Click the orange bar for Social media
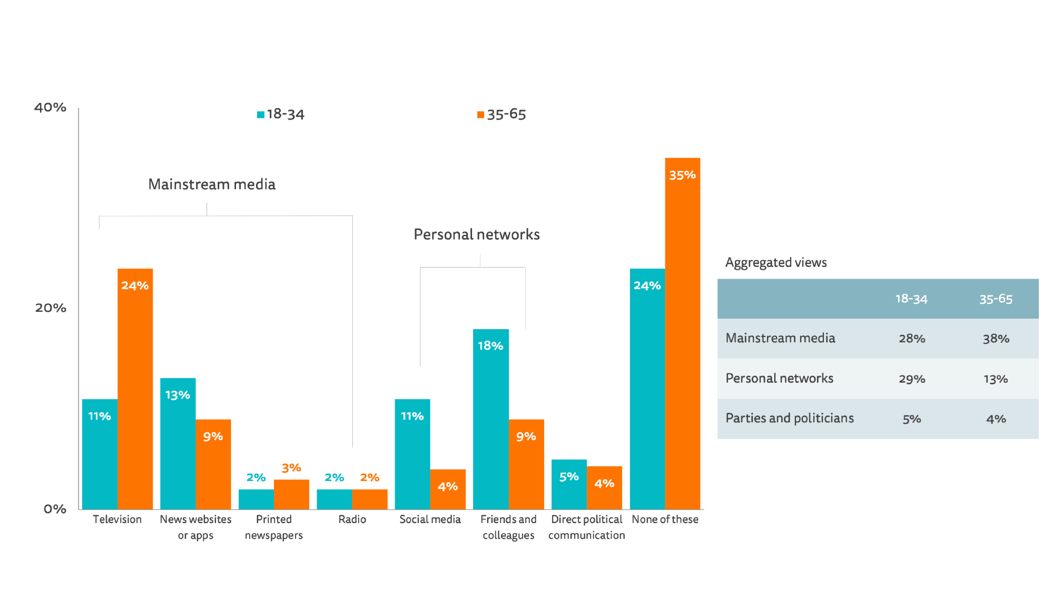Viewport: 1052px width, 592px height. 448,489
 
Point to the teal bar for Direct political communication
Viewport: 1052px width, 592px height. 569,485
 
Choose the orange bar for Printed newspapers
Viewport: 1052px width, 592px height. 291,495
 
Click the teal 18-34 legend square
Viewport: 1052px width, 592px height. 261,115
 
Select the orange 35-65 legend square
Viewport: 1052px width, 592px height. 480,115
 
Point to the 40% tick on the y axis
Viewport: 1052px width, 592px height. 50,107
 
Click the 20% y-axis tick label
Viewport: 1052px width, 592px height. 51,308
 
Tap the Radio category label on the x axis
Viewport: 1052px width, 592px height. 352,519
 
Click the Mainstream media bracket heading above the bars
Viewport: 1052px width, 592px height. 212,184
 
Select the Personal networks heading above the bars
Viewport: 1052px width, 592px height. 476,234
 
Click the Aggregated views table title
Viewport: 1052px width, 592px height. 776,262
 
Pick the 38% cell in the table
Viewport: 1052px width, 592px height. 996,339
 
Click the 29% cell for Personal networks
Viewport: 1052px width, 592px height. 912,379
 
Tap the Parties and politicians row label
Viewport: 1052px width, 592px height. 789,418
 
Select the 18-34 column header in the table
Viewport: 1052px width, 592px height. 911,299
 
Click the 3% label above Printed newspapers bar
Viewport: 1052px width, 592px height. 291,468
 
